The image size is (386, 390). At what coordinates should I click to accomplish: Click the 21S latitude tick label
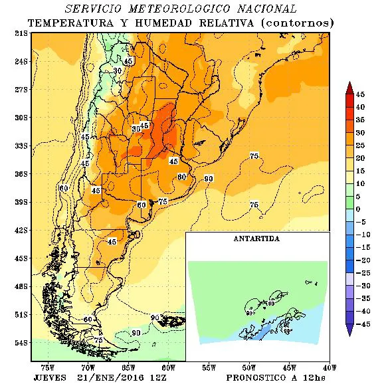click(21, 33)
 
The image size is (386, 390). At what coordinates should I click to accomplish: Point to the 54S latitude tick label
click(21, 343)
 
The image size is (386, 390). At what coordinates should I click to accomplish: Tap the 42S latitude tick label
click(21, 230)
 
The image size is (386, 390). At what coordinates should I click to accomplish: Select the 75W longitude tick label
click(48, 367)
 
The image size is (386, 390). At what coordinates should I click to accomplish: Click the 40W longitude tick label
click(328, 367)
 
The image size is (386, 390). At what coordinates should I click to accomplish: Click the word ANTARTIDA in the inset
click(257, 238)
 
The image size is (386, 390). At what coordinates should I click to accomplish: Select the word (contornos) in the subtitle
click(296, 23)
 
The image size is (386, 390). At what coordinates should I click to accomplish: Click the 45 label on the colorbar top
click(360, 94)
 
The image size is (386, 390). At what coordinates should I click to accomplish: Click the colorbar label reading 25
click(360, 145)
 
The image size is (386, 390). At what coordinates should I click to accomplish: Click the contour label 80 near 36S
click(181, 177)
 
